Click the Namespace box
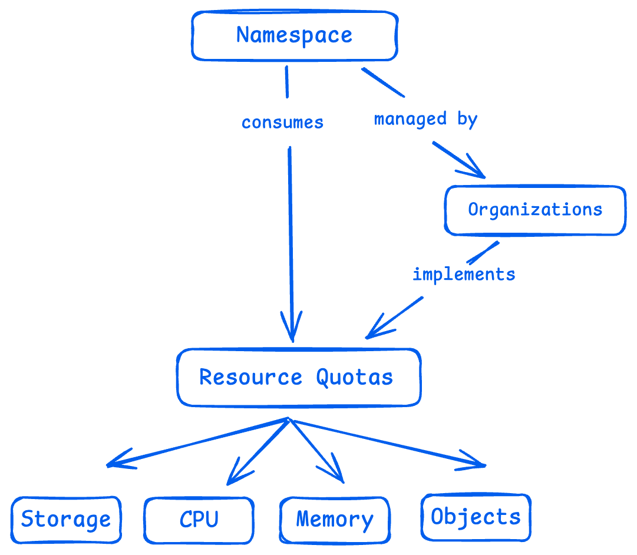295,35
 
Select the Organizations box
535,210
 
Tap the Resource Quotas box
299,378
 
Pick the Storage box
66,520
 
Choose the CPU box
199,520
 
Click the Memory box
335,520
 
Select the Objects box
476,517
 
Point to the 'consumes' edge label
282,123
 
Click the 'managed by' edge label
425,119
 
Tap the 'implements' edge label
464,274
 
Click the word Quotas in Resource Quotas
354,377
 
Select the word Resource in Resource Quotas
251,377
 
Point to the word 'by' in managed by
467,119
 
